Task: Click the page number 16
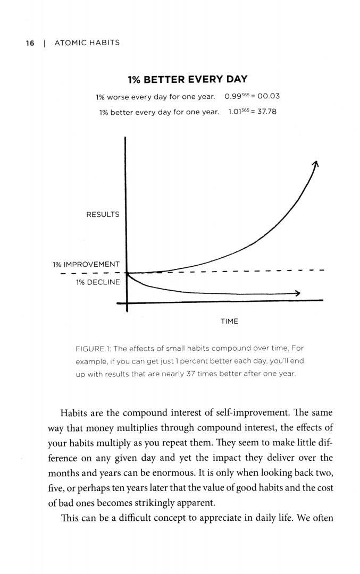30,43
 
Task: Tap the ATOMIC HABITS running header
87,43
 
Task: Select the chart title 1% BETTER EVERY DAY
188,80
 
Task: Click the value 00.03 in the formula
269,97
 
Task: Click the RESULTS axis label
103,215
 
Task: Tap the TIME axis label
229,322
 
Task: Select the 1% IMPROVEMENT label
86,264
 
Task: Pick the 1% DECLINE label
98,282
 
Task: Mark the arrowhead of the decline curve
298,293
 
